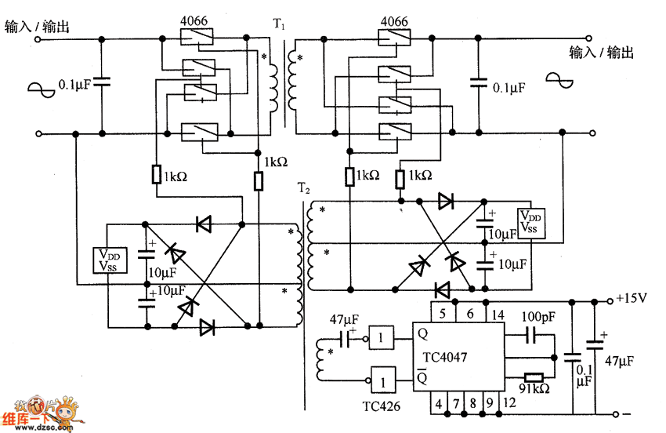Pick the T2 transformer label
[x=303, y=188]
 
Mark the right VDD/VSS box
[x=530, y=223]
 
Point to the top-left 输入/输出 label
[x=37, y=27]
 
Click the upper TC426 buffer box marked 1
[x=382, y=338]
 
